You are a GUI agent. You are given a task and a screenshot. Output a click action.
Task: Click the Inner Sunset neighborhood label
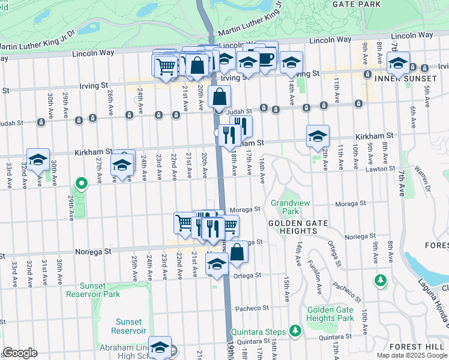[x=405, y=79]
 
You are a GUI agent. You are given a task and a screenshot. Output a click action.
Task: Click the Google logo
[x=20, y=353]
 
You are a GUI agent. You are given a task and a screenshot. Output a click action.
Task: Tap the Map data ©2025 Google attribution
[x=412, y=355]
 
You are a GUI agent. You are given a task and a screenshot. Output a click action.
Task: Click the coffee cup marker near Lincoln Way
[x=265, y=59]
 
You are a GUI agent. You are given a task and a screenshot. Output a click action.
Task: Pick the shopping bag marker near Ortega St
[x=237, y=253]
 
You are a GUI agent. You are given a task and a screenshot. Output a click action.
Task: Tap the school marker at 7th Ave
[x=398, y=62]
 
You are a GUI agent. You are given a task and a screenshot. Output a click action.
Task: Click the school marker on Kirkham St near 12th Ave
[x=318, y=136]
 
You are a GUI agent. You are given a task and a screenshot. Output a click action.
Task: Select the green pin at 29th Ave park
[x=80, y=183]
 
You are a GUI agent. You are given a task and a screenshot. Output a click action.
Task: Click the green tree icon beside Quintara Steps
[x=294, y=330]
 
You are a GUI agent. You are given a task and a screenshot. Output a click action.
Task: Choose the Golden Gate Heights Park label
[x=330, y=314]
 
